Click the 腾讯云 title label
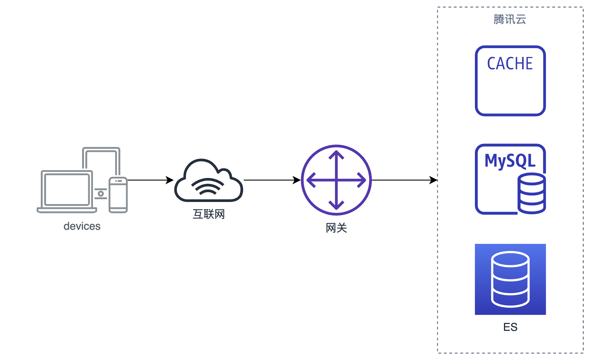[510, 19]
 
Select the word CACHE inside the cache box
[510, 64]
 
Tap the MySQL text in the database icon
[510, 161]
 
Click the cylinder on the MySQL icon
[532, 193]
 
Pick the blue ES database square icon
[510, 279]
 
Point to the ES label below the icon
[510, 327]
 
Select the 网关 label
[336, 228]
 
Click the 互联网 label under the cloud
[209, 214]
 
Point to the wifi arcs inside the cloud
[208, 186]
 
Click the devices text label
[82, 226]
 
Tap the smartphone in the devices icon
[118, 195]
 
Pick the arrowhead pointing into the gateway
[297, 180]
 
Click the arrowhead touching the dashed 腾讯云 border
[434, 180]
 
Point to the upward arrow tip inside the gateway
[336, 151]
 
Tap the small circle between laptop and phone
[101, 193]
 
